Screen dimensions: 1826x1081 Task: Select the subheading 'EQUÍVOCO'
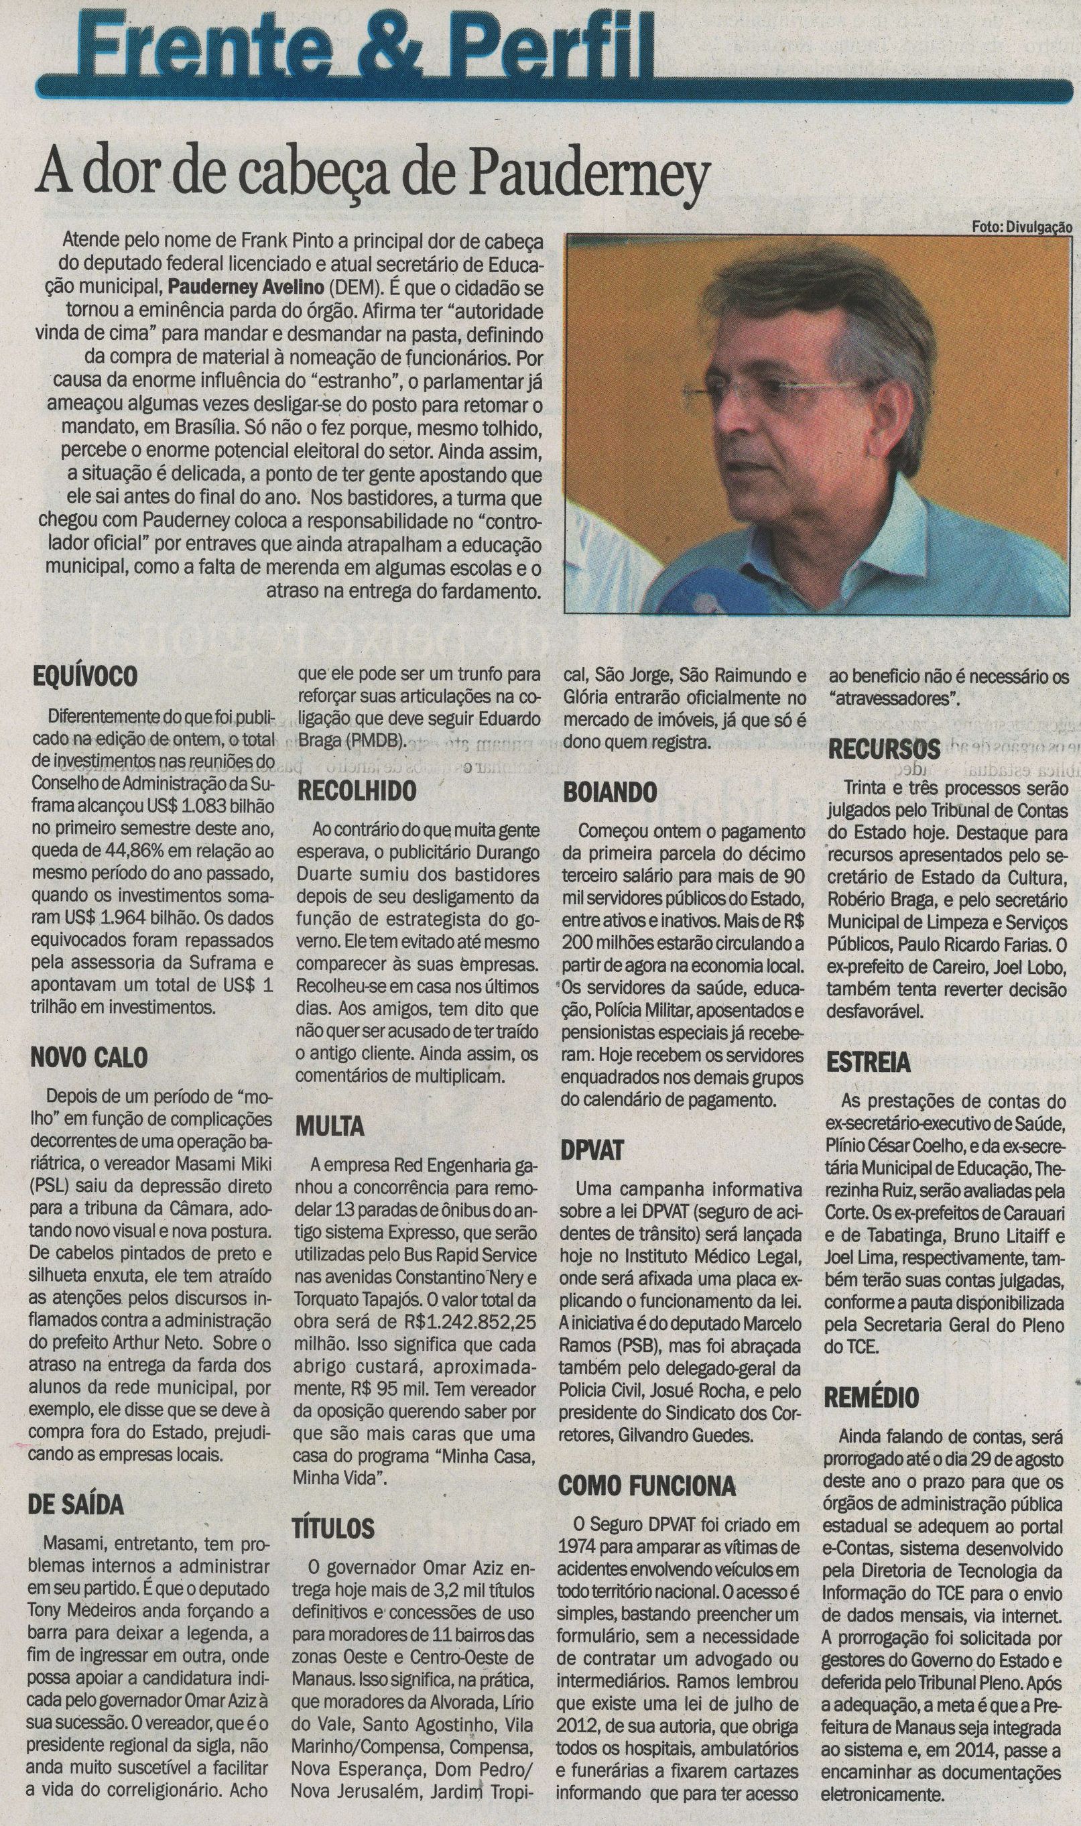[85, 677]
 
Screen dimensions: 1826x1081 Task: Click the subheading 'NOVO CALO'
[89, 1056]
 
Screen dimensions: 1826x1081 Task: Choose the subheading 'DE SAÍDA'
[77, 1502]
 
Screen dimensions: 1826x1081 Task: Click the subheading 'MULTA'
[330, 1126]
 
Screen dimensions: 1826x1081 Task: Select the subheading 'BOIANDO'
[610, 792]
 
